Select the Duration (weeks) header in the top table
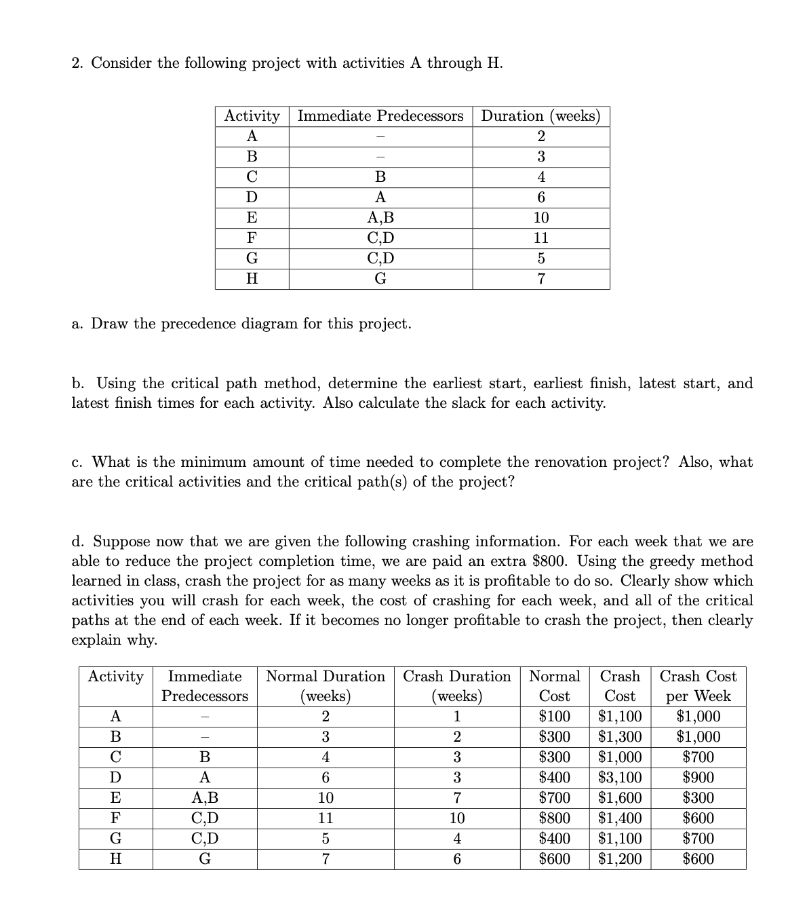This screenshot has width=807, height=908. click(540, 116)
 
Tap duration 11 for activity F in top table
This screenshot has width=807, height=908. click(540, 238)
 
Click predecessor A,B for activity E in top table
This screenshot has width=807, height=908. click(380, 218)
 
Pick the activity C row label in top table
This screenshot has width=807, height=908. click(252, 177)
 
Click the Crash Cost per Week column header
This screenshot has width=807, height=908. click(698, 685)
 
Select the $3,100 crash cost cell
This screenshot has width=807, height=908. click(620, 777)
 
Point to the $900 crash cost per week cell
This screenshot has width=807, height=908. click(698, 777)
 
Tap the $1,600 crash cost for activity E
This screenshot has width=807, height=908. click(620, 797)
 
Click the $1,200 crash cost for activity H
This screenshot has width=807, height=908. click(620, 858)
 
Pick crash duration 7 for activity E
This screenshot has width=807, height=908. click(457, 797)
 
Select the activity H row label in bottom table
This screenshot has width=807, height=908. click(115, 858)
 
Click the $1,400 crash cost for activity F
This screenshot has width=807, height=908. click(620, 818)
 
